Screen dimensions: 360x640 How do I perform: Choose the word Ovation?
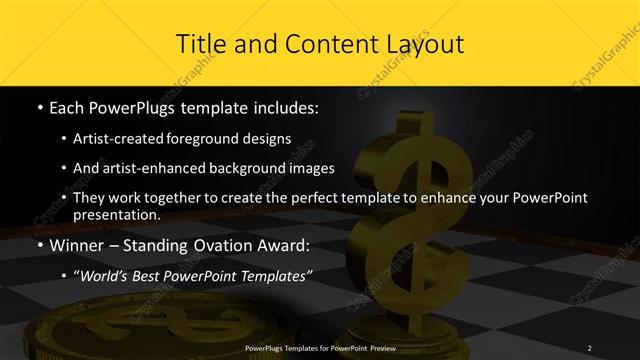coord(211,246)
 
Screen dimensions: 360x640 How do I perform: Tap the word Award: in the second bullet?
coord(279,246)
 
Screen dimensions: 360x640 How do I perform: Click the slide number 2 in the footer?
coord(590,347)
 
